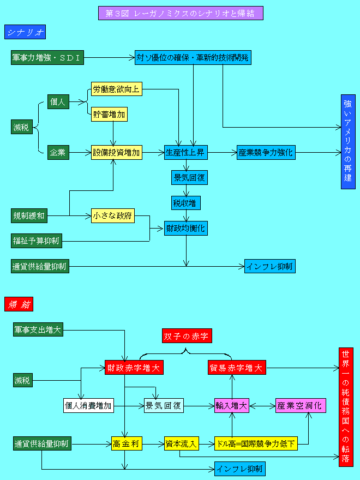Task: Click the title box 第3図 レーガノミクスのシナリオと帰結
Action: [181, 13]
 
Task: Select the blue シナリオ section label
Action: [25, 32]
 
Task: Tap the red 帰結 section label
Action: [20, 304]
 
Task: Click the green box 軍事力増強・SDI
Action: [47, 57]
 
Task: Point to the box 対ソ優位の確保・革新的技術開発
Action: [193, 57]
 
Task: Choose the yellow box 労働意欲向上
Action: [116, 89]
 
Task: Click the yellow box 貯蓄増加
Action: [109, 115]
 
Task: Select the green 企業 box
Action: [58, 153]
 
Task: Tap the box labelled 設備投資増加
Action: [116, 153]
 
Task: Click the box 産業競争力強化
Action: [266, 153]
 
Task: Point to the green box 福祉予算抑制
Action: [37, 240]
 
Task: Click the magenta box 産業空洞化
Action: [301, 405]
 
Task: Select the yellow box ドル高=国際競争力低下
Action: [256, 444]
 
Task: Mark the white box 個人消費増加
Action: [88, 405]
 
